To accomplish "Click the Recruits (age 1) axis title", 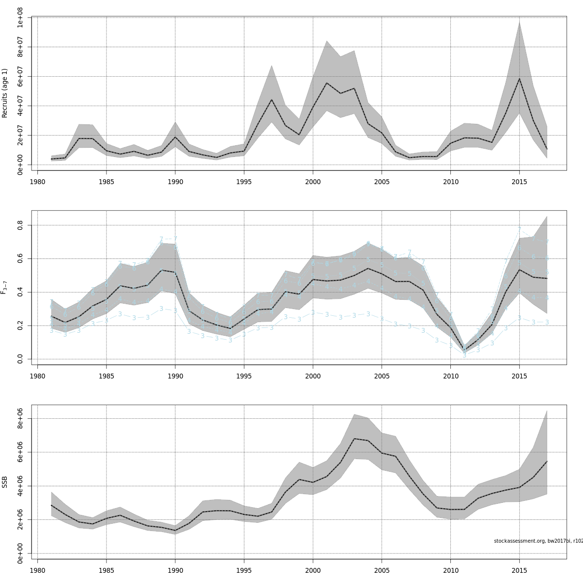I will coord(5,93).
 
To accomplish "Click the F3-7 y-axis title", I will coord(5,287).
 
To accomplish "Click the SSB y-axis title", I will coord(5,481).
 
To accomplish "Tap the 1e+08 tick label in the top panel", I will coord(20,17).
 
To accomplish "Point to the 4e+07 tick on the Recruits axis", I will coord(20,106).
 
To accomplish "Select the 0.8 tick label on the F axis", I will coord(20,225).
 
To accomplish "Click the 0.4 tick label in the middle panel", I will coord(20,292).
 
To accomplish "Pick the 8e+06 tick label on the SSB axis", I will coord(20,418).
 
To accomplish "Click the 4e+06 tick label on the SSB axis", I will coord(20,486).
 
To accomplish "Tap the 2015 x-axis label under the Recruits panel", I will coord(519,182).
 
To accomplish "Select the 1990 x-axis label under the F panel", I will coord(175,376).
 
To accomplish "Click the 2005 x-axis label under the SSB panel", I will coord(381,570).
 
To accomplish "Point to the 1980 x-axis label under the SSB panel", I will coord(37,570).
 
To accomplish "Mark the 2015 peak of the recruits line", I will coord(519,79).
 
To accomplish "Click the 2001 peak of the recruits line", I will coord(326,83).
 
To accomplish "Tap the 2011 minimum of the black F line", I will coord(464,349).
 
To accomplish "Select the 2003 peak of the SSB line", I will coord(354,439).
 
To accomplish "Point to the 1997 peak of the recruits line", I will coord(271,100).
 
